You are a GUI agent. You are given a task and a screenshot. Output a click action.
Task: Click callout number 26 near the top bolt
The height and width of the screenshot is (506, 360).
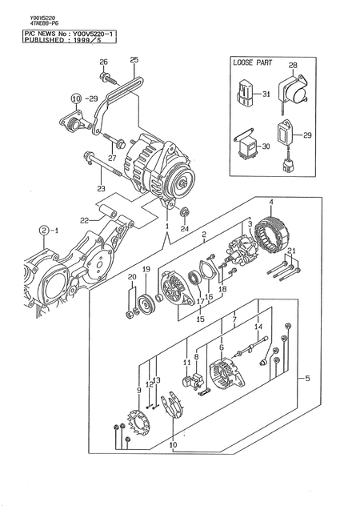coord(103,62)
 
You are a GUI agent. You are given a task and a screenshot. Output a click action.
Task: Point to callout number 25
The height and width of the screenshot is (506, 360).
coord(134,60)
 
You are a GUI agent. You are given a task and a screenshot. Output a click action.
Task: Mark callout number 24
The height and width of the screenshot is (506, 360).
coord(185,227)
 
